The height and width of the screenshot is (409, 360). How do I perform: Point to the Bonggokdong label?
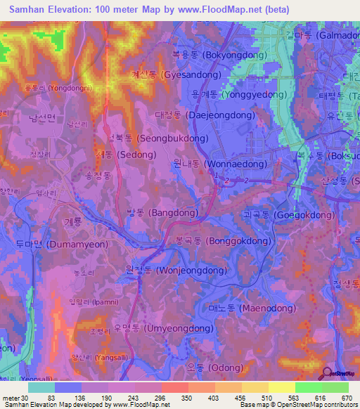click(x=222, y=240)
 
